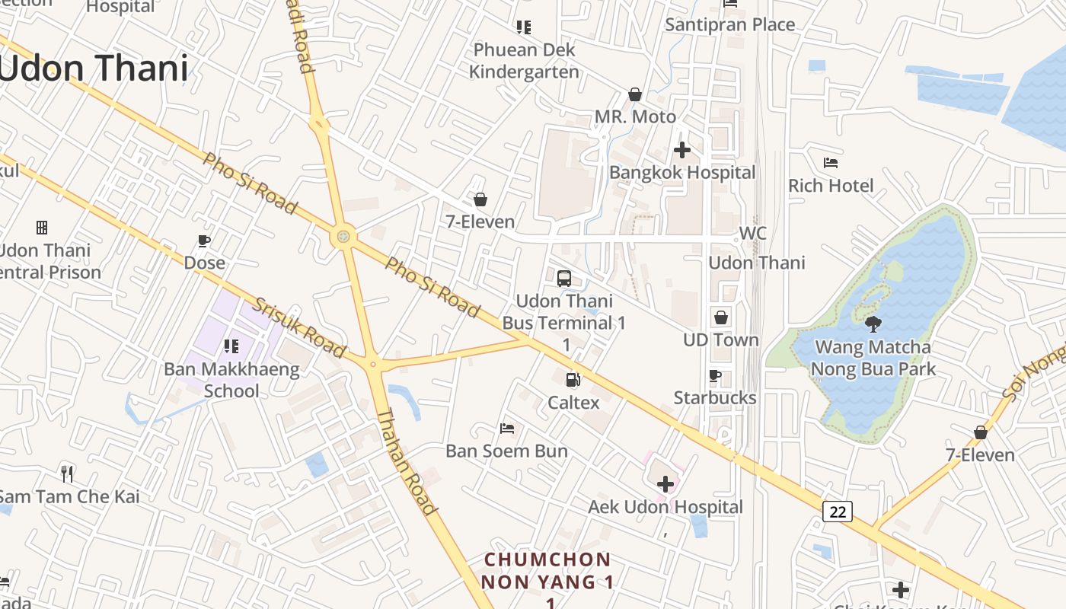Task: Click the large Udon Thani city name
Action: click(93, 69)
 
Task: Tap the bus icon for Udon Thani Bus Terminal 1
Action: click(563, 279)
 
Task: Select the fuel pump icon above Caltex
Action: click(573, 379)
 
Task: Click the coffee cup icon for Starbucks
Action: click(714, 375)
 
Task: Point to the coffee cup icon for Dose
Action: click(204, 241)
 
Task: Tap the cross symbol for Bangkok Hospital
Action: click(681, 150)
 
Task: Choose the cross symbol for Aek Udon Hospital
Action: click(665, 483)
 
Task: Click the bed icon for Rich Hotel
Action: click(831, 163)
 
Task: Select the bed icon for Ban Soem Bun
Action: click(506, 429)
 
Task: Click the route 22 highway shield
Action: click(837, 512)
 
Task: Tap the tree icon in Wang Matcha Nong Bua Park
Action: click(873, 324)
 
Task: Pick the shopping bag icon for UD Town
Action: click(720, 317)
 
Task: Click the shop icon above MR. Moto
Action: click(634, 94)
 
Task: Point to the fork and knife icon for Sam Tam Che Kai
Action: click(68, 474)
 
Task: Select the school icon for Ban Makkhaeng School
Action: click(231, 347)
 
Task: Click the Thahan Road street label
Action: click(407, 461)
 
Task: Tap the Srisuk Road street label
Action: click(300, 327)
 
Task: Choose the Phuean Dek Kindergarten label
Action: click(524, 61)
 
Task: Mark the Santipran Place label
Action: click(729, 24)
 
